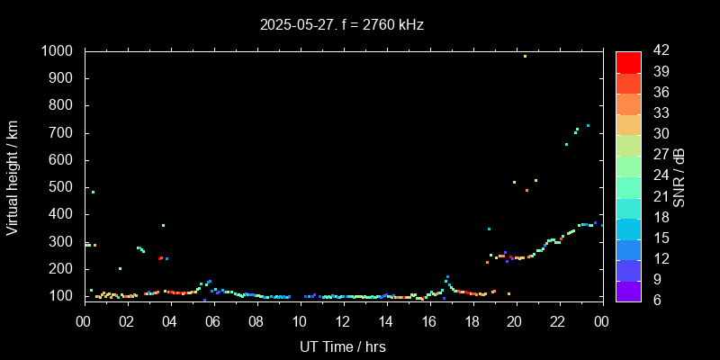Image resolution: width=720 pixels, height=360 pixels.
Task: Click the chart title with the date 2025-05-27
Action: tap(341, 25)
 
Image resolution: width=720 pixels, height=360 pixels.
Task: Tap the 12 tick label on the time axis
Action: tap(343, 321)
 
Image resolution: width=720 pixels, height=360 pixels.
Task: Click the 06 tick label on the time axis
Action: tap(213, 321)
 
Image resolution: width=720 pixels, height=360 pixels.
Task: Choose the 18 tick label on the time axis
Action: tap(472, 321)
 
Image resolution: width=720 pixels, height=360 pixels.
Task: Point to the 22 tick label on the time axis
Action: tap(558, 321)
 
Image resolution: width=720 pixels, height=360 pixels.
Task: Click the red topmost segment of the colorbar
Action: tap(628, 61)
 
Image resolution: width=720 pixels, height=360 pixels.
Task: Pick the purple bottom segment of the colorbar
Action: tap(628, 290)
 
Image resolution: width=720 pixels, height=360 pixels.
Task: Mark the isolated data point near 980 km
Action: tap(525, 56)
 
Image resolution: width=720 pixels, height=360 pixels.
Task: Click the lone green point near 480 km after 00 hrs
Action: tap(93, 192)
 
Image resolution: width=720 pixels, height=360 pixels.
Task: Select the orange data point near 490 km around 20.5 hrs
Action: tap(526, 190)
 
